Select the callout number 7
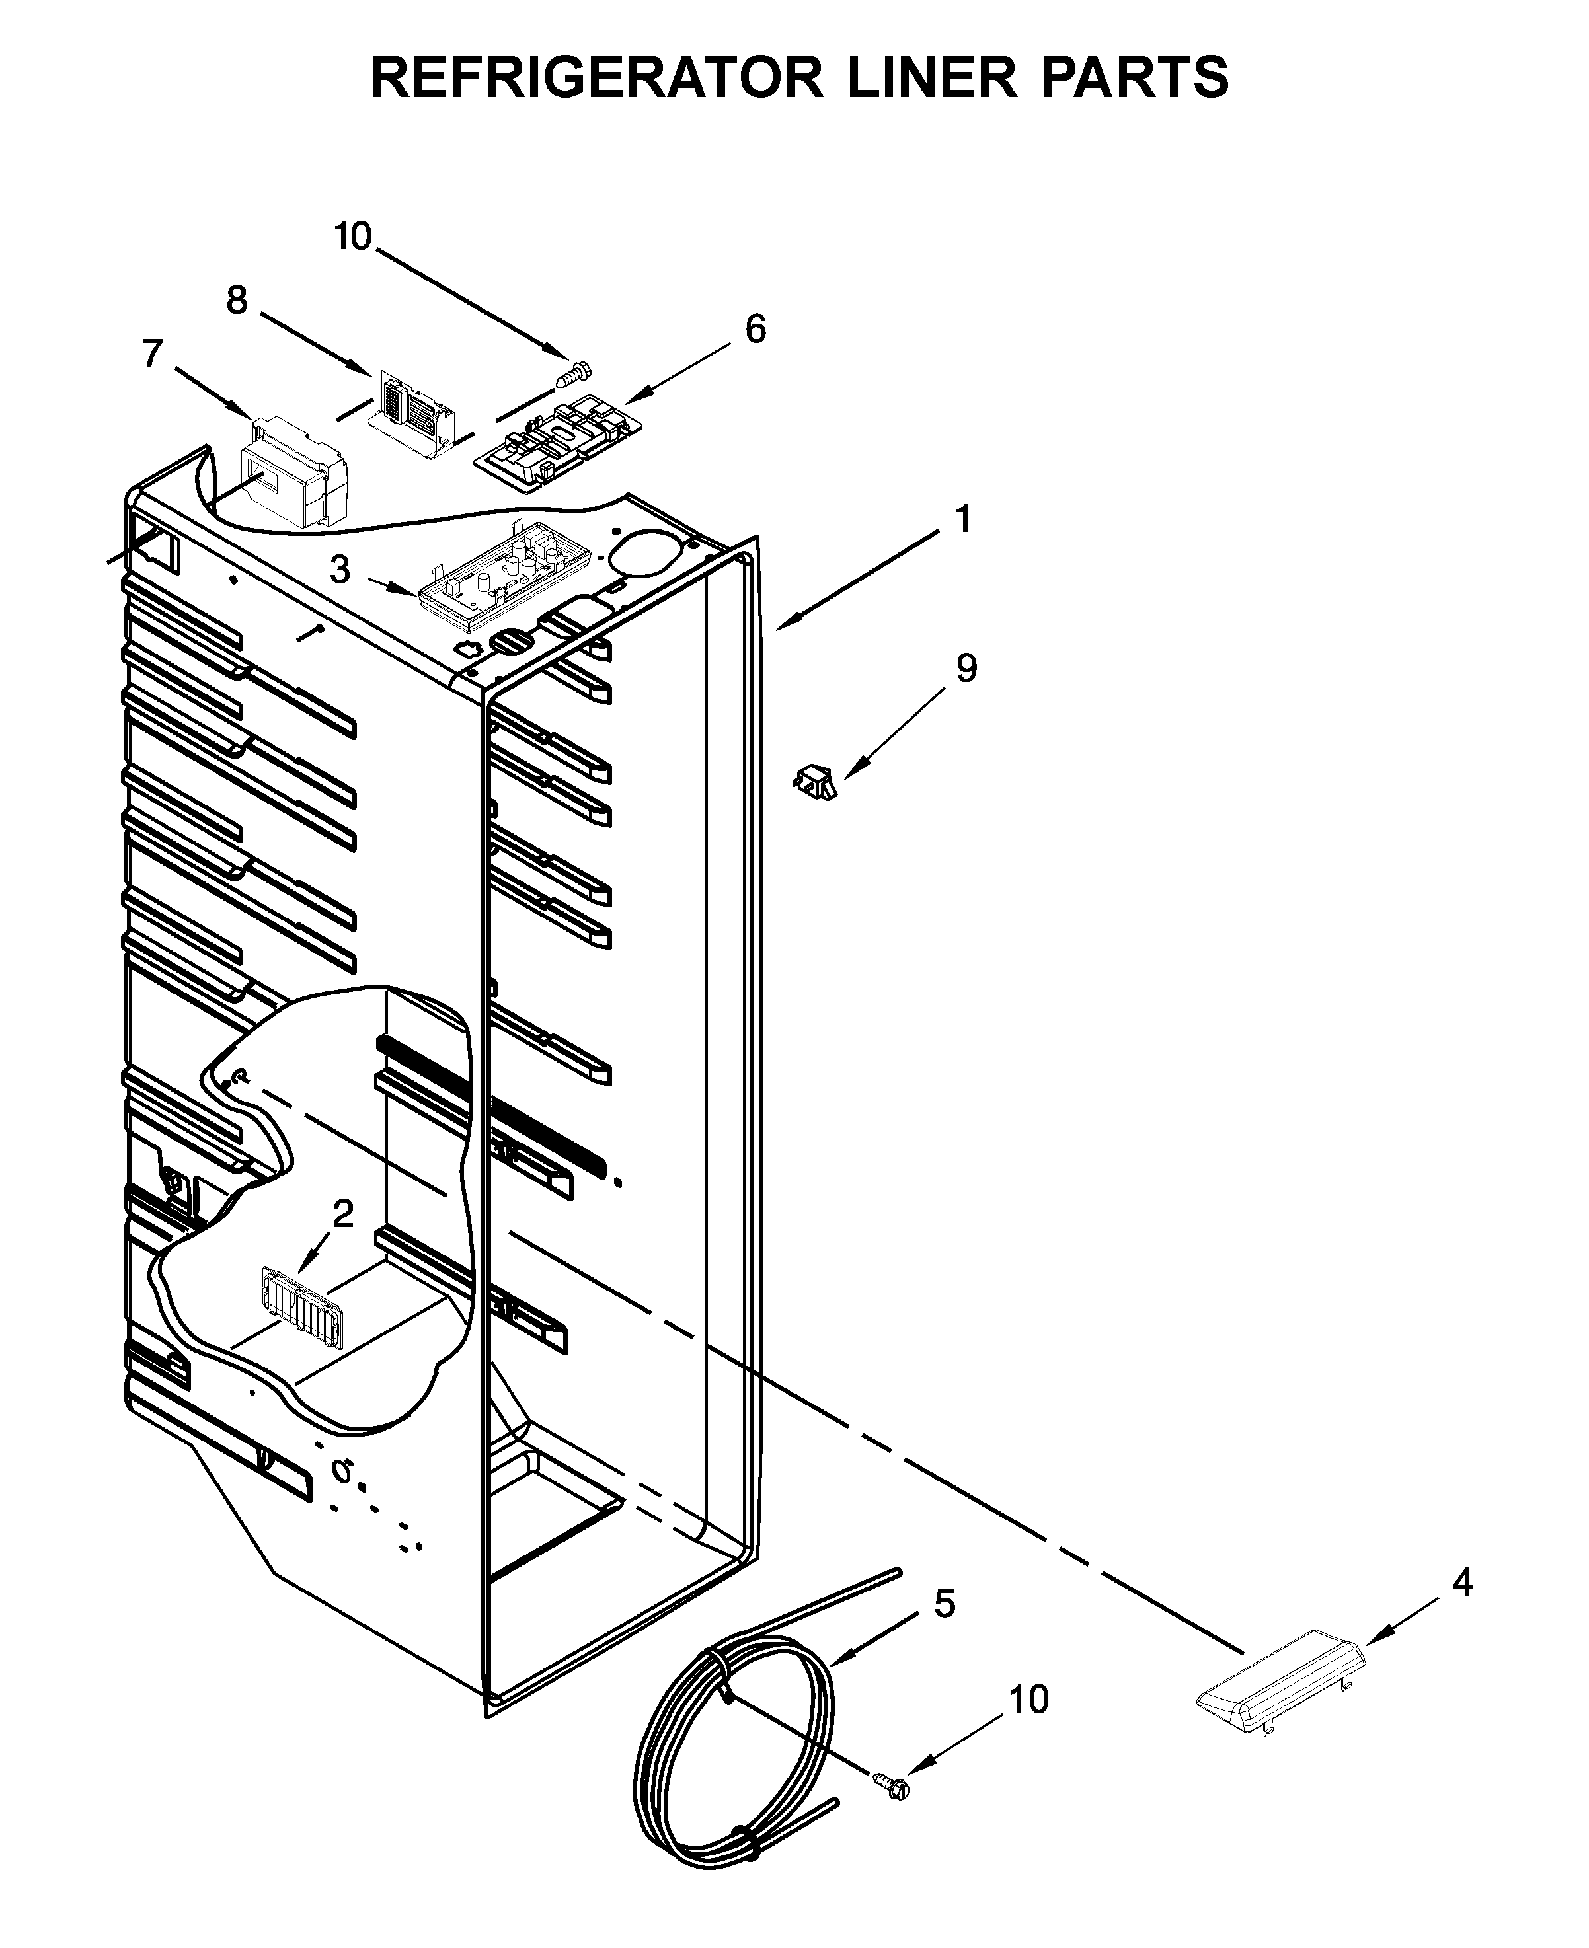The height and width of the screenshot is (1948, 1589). point(152,353)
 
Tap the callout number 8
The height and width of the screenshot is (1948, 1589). point(237,300)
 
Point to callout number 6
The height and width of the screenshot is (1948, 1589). point(755,328)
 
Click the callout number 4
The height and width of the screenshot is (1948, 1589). point(1462,1582)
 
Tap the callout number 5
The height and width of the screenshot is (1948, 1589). point(945,1604)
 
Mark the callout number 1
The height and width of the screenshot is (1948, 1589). point(962,520)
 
